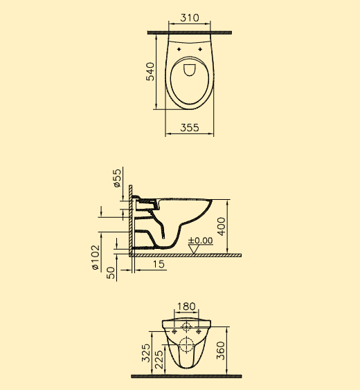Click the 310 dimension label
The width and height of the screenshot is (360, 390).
pyautogui.click(x=190, y=18)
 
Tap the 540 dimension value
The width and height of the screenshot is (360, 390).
pyautogui.click(x=150, y=72)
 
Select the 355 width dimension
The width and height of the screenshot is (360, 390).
pyautogui.click(x=190, y=128)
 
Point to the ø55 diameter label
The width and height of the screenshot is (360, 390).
pyautogui.click(x=117, y=178)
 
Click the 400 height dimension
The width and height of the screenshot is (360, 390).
pyautogui.click(x=221, y=226)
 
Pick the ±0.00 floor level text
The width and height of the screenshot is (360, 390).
pyautogui.click(x=200, y=240)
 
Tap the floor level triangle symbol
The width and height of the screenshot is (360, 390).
pyautogui.click(x=194, y=250)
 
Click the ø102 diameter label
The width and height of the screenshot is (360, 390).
pyautogui.click(x=96, y=257)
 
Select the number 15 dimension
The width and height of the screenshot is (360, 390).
pyautogui.click(x=159, y=264)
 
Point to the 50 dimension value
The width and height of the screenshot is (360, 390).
pyautogui.click(x=111, y=272)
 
